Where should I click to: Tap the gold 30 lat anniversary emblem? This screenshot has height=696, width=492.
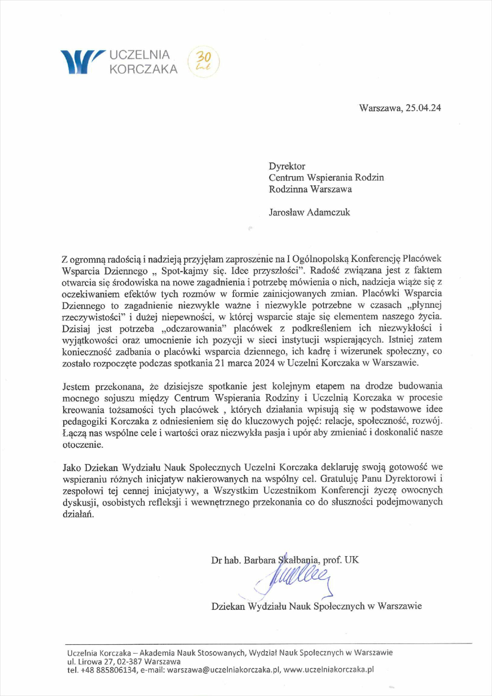tap(203, 61)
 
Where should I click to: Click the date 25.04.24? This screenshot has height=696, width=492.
tap(423, 108)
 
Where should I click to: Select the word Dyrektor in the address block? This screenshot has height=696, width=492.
tap(287, 166)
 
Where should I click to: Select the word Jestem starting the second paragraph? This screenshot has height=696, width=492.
tap(76, 386)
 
